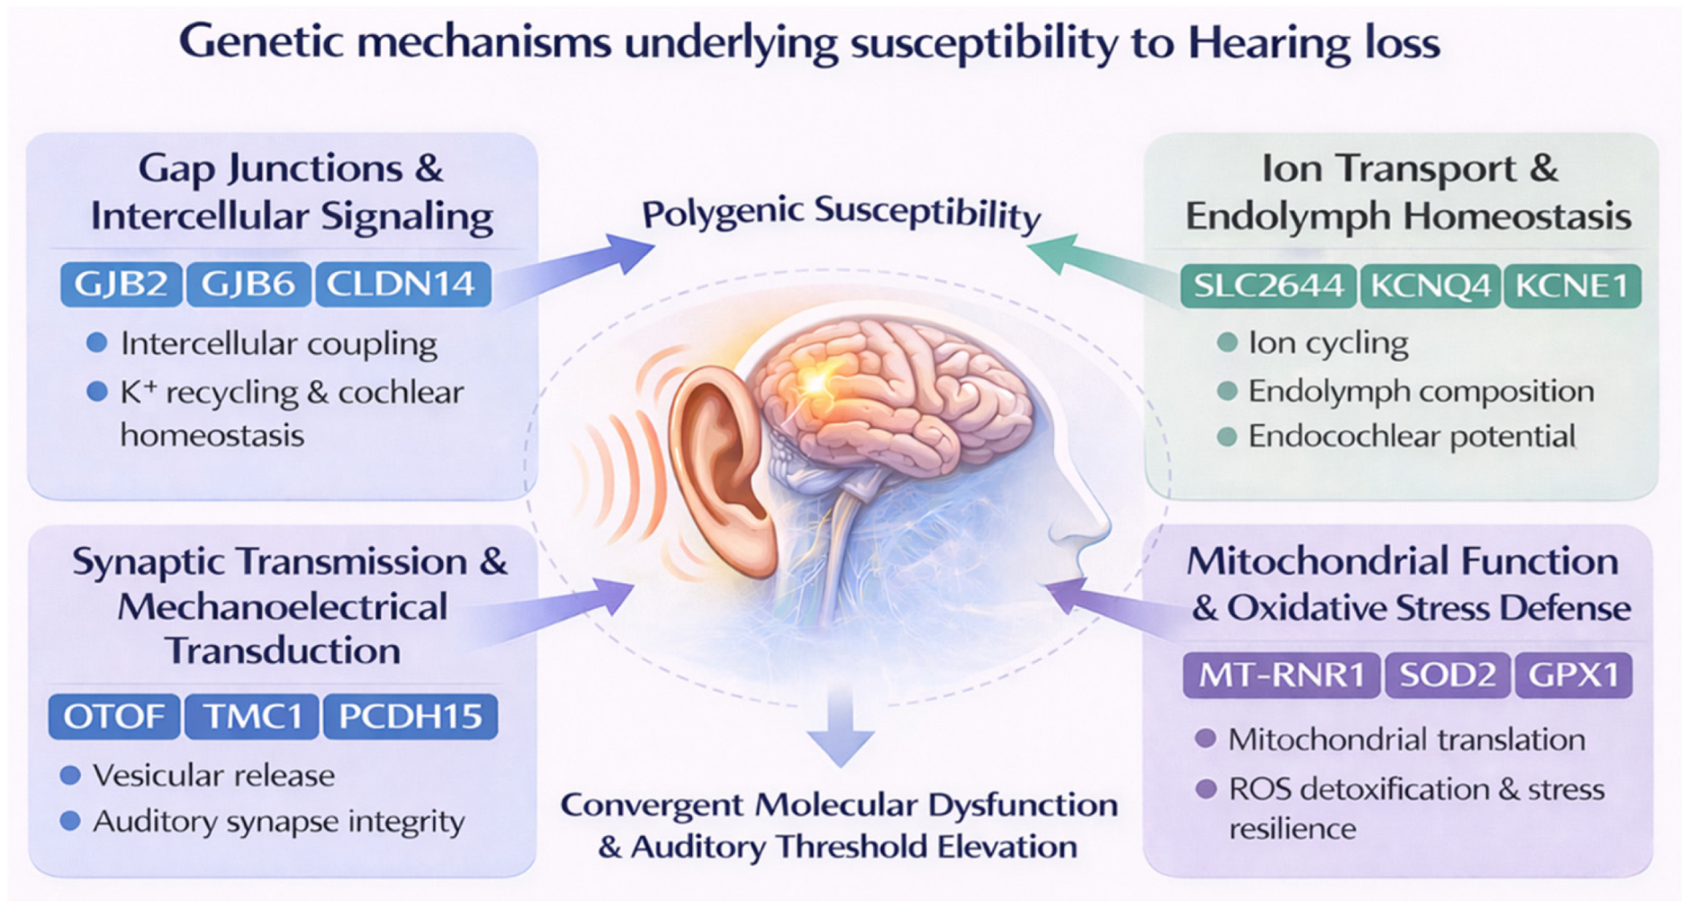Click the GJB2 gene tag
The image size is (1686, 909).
tap(121, 284)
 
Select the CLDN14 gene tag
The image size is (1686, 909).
tap(402, 284)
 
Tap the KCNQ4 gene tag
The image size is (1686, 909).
tap(1429, 286)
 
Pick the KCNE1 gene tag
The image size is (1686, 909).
tap(1571, 286)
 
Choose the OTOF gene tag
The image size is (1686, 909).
tap(113, 717)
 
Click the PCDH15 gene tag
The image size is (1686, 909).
tap(410, 717)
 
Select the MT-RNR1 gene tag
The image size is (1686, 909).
tap(1280, 675)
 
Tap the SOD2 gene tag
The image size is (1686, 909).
tap(1446, 675)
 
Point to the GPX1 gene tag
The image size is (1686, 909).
tap(1573, 675)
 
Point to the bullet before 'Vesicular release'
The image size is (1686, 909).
tap(70, 775)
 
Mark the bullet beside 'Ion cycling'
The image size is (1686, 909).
tap(1226, 342)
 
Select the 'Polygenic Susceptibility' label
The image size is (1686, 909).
tap(841, 213)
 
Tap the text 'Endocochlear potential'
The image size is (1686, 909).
tap(1411, 436)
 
